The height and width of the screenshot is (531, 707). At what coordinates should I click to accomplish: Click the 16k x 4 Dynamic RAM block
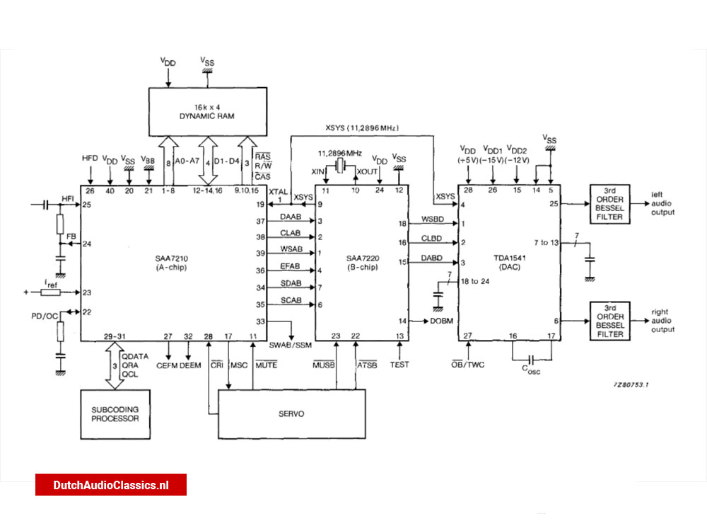point(211,110)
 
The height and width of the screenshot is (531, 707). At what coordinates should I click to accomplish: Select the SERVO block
point(291,413)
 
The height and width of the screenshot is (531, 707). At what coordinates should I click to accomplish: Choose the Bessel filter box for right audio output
point(609,323)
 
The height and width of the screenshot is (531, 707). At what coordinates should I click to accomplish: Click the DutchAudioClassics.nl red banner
point(111,485)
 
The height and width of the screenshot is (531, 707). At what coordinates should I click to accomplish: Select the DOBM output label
point(439,321)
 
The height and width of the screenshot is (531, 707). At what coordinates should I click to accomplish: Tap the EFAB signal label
point(290,265)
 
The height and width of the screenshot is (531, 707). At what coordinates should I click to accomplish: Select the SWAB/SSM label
point(291,345)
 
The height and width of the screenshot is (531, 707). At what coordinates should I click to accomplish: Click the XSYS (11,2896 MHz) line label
point(362,128)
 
